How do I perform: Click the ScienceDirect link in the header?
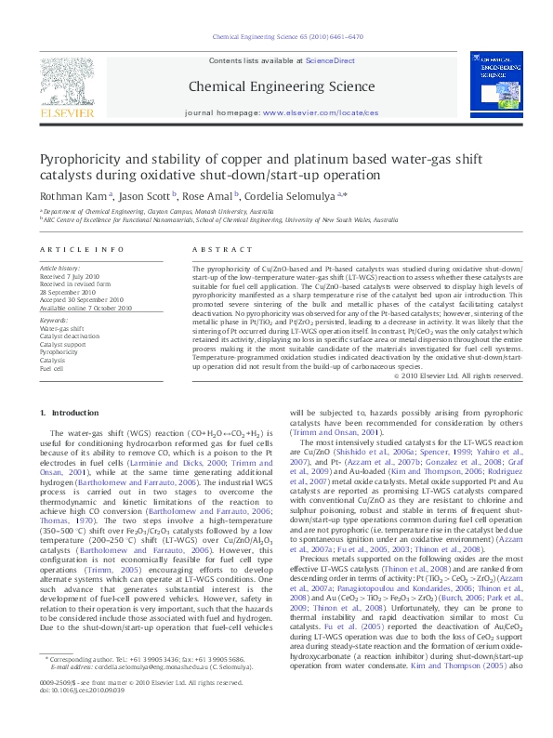tap(331, 60)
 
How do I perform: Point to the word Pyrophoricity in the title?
tap(81, 159)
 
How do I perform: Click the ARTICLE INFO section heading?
tap(82, 250)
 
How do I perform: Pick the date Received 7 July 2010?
tap(70, 276)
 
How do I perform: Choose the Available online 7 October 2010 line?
tap(86, 308)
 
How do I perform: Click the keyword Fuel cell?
tap(52, 368)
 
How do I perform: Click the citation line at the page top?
tap(275, 37)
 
